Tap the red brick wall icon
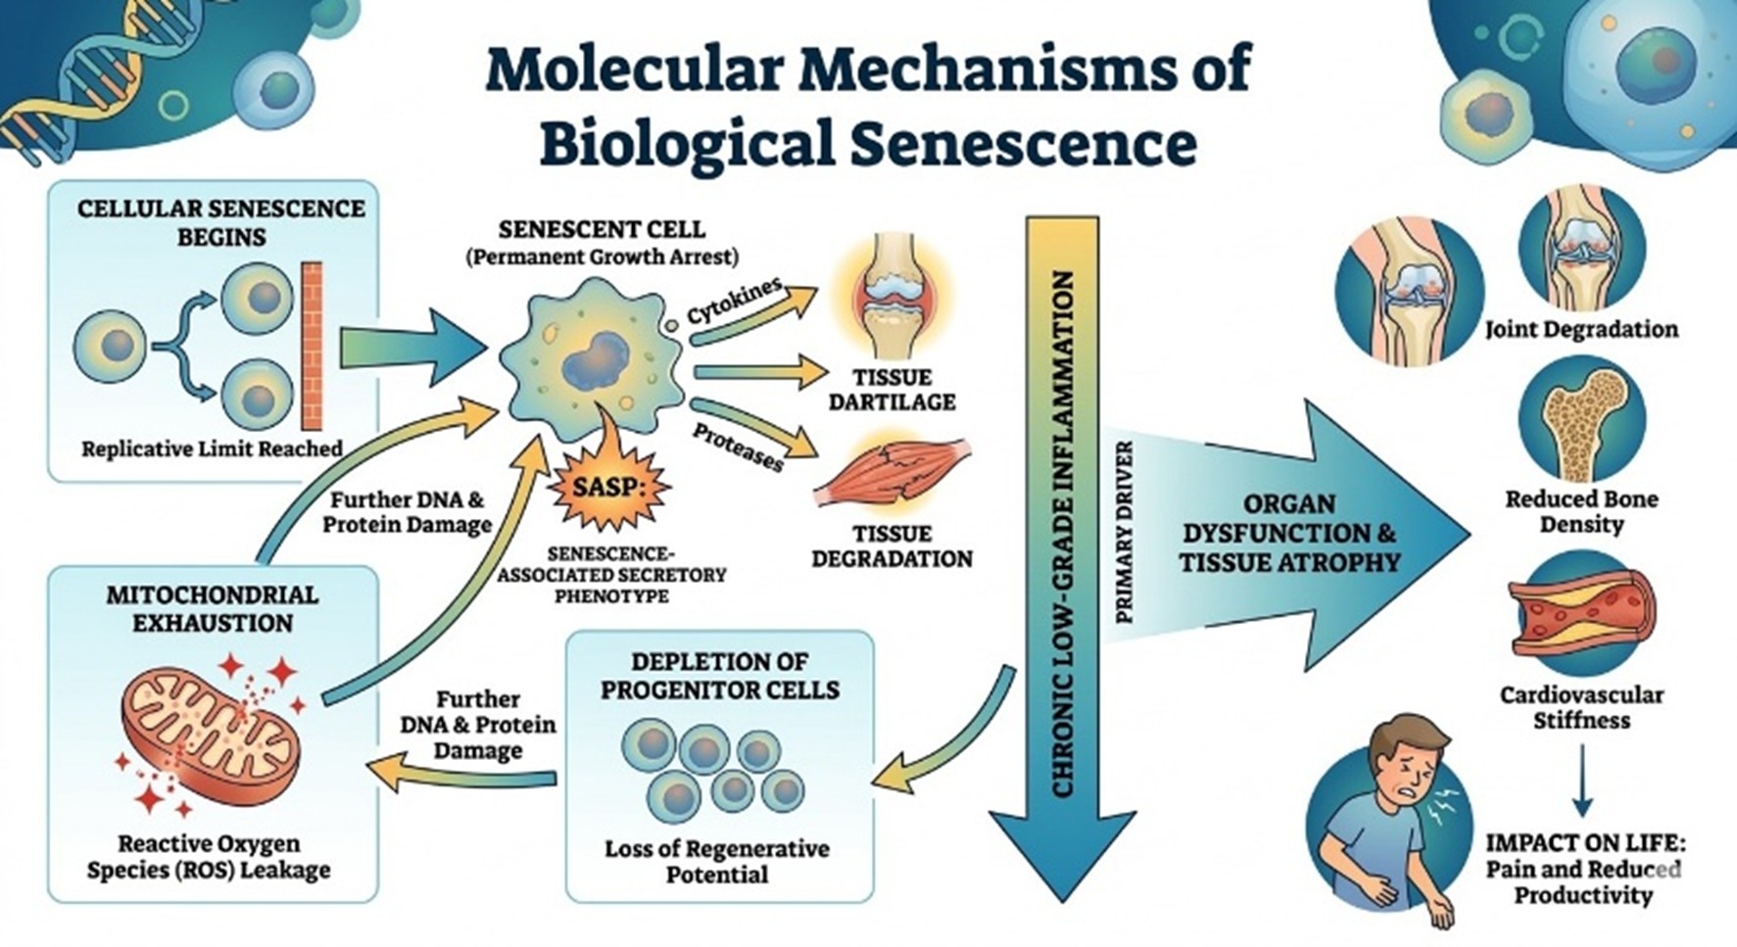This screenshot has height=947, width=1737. click(x=312, y=346)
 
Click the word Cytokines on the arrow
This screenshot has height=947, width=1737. click(x=735, y=301)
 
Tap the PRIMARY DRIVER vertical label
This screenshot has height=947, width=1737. click(x=1125, y=532)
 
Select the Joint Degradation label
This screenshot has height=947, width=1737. click(x=1581, y=329)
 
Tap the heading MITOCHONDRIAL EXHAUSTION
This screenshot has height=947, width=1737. click(x=213, y=608)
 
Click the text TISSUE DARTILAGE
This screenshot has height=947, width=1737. click(x=892, y=389)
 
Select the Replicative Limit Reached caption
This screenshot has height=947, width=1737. click(x=212, y=450)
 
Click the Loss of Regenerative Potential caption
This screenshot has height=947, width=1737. click(x=716, y=861)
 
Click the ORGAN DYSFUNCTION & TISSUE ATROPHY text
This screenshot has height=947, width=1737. click(x=1289, y=533)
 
